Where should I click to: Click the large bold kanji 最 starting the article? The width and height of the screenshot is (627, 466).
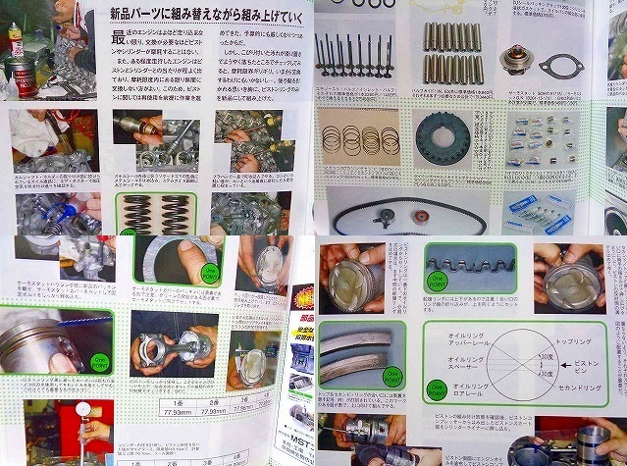click(x=121, y=38)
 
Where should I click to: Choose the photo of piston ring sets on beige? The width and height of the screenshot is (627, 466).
click(x=357, y=143)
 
